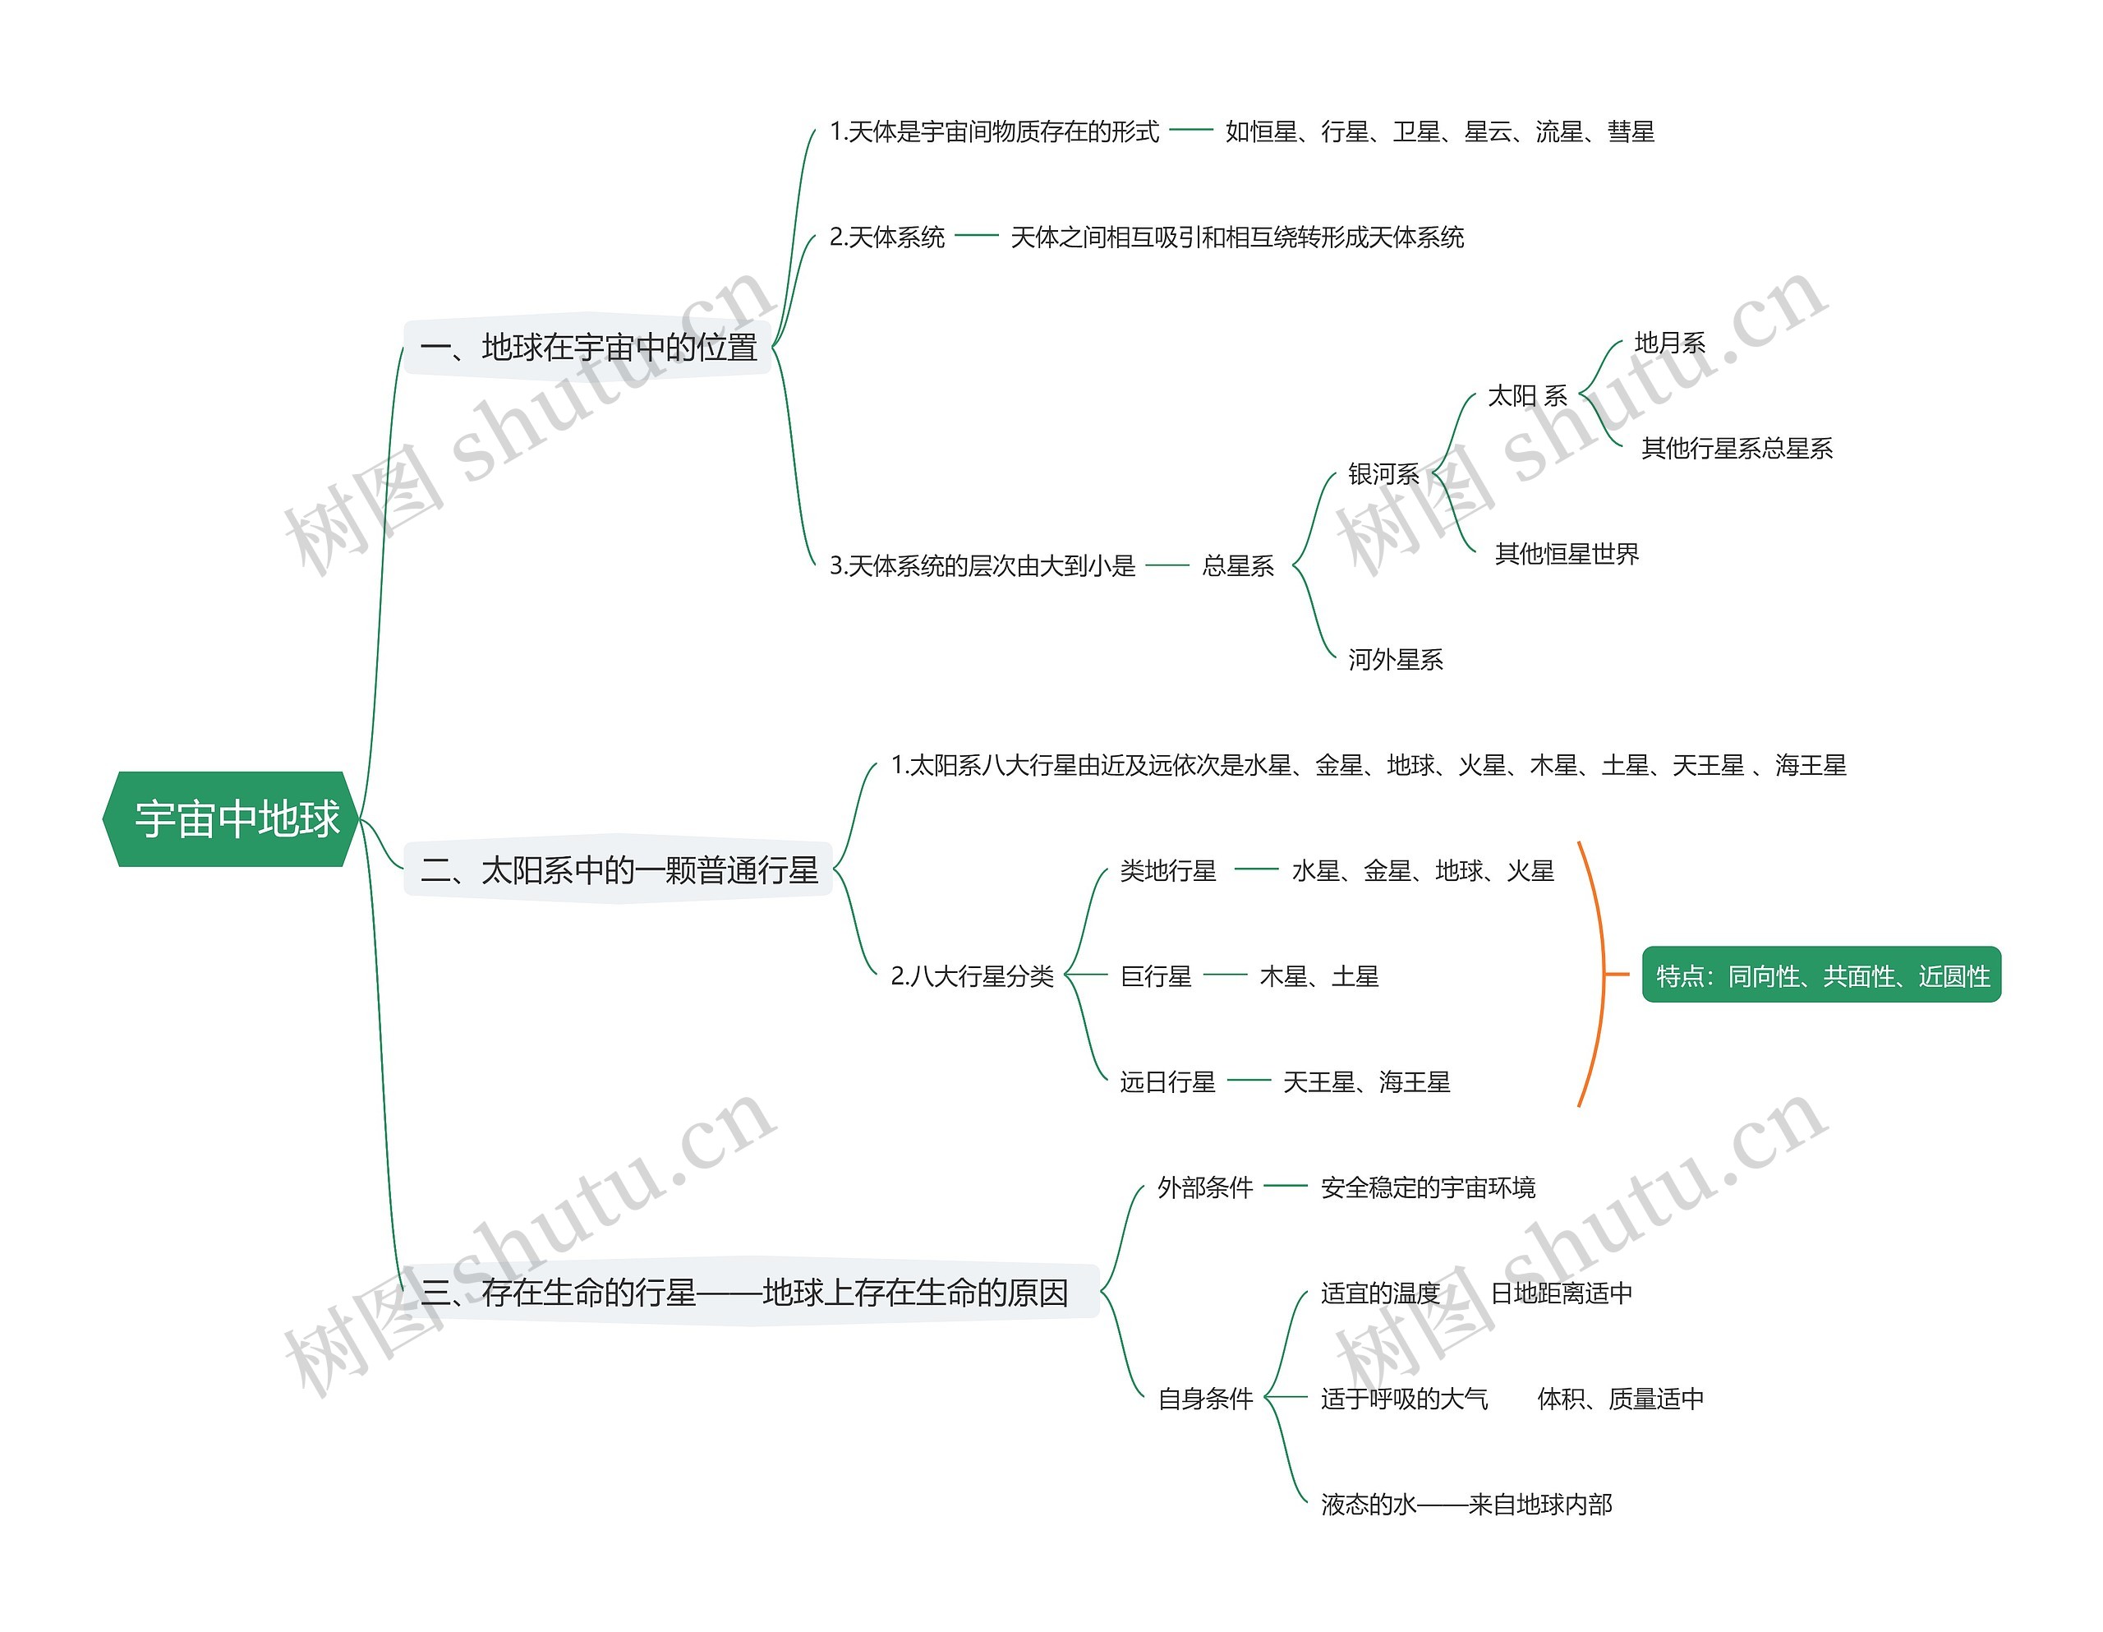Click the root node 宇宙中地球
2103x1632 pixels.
(x=231, y=819)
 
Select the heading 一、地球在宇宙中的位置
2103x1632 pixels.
(x=589, y=347)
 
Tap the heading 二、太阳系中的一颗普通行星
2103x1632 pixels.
(x=619, y=870)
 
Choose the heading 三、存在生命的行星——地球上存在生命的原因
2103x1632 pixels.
(x=744, y=1292)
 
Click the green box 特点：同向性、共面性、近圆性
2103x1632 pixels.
(x=1821, y=976)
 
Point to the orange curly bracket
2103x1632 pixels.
(x=1599, y=974)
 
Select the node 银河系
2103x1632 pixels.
(x=1383, y=474)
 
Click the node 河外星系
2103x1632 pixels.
(x=1395, y=660)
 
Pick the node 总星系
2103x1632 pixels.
(x=1237, y=565)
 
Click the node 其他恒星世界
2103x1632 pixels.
(x=1567, y=554)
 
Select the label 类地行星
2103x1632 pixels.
(x=1167, y=871)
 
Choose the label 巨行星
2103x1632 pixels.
(x=1156, y=977)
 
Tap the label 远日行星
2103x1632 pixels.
(x=1167, y=1083)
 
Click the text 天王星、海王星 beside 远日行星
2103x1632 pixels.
(x=1366, y=1083)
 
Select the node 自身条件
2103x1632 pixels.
(x=1204, y=1399)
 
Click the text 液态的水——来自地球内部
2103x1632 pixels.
(x=1466, y=1505)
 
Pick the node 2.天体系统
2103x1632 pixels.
(x=887, y=237)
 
